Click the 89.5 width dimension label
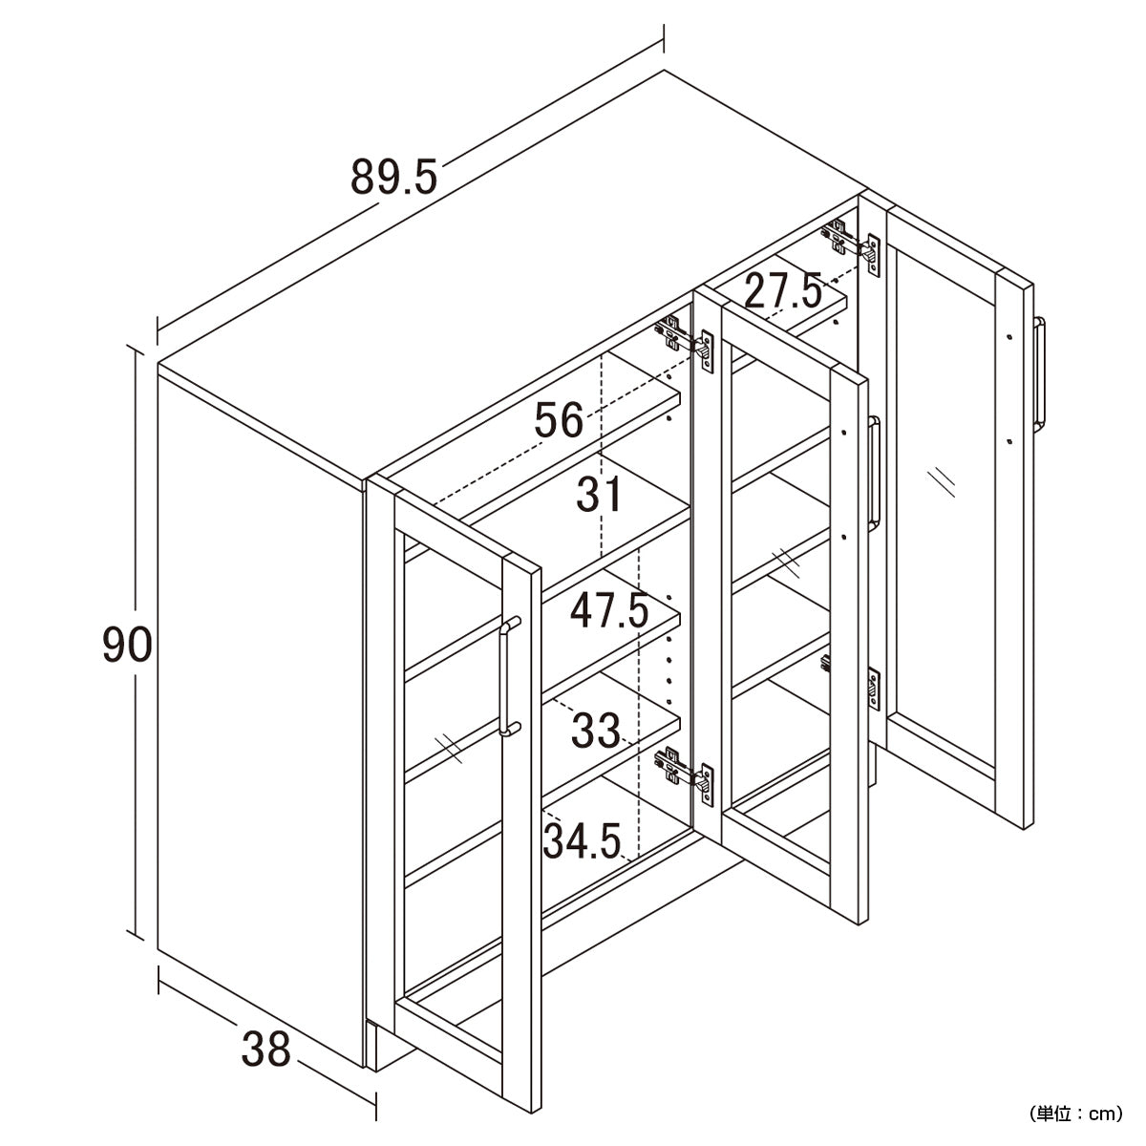click(x=393, y=177)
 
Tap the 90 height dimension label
click(x=127, y=645)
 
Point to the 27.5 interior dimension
click(x=783, y=291)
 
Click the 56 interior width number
click(x=559, y=419)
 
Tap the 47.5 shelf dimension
click(x=609, y=611)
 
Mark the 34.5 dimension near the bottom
click(x=583, y=841)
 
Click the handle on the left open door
click(x=509, y=677)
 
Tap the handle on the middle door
click(x=874, y=474)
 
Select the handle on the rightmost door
click(x=1039, y=373)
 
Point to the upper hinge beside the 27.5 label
click(x=851, y=244)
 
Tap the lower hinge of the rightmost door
click(x=851, y=678)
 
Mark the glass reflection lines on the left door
click(x=449, y=750)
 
